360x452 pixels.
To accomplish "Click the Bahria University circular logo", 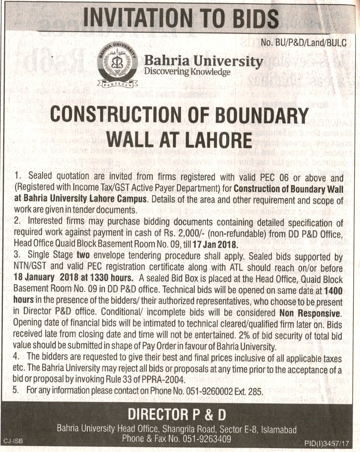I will (116, 65).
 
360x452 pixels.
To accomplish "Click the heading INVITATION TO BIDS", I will (181, 17).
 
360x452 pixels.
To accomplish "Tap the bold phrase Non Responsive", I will (310, 313).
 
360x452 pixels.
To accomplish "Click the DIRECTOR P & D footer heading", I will (177, 416).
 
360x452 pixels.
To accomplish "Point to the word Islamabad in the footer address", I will (277, 430).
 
